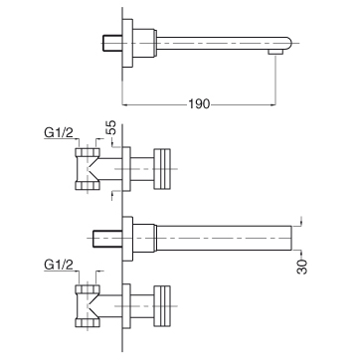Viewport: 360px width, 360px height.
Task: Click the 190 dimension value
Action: point(199,104)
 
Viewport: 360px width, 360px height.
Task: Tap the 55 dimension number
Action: point(112,127)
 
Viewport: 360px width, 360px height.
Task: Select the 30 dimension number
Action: point(302,267)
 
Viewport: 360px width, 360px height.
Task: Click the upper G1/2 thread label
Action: point(59,132)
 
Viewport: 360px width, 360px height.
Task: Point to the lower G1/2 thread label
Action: point(59,265)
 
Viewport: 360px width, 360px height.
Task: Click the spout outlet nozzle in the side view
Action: point(275,52)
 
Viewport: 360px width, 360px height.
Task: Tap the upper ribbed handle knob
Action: point(162,169)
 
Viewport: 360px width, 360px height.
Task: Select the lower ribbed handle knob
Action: point(162,306)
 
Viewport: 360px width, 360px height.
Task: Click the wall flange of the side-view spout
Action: point(127,43)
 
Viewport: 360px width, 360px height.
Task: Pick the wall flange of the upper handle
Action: point(126,169)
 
